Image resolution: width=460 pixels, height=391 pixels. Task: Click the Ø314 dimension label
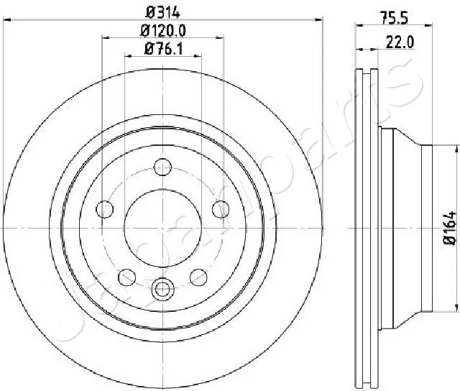pos(162,12)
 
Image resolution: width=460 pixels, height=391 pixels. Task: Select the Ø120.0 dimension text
pos(163,31)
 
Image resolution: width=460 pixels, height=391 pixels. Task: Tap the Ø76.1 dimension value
pos(163,49)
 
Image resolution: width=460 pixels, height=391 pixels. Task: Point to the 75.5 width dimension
pos(395,18)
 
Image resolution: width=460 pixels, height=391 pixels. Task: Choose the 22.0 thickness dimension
pos(400,42)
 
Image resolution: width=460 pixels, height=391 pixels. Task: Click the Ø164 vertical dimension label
pos(450,228)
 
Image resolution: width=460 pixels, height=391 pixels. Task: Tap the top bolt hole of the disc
pos(162,167)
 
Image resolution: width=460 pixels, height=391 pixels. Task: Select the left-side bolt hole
pos(105,209)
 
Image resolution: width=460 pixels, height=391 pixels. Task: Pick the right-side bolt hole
pos(221,209)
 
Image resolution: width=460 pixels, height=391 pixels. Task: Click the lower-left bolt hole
pos(126,277)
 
